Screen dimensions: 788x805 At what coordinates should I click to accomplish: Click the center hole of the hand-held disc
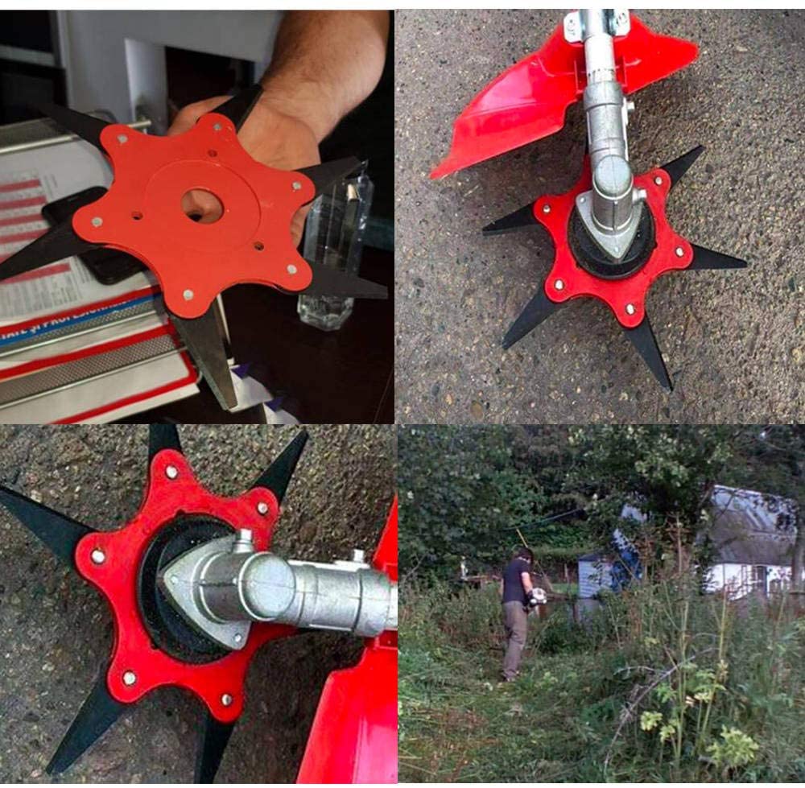pyautogui.click(x=201, y=205)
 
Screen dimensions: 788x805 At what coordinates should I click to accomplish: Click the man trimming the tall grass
pyautogui.click(x=515, y=612)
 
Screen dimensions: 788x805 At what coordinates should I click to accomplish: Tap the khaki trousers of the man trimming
pyautogui.click(x=514, y=640)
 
